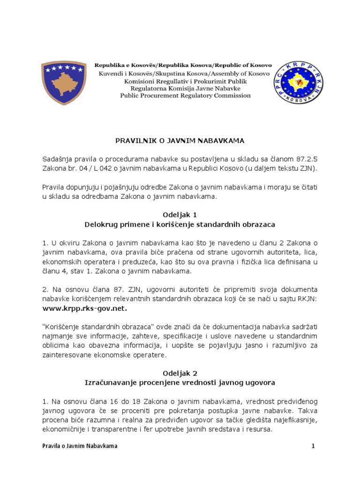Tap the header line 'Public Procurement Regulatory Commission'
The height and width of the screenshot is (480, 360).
[185, 96]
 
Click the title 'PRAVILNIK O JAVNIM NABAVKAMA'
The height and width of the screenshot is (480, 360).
[180, 140]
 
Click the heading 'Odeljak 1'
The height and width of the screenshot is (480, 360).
[180, 215]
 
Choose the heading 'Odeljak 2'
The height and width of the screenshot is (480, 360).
[180, 373]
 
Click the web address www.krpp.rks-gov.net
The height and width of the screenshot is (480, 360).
[84, 309]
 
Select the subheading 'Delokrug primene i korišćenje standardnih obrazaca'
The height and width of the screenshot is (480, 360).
[180, 225]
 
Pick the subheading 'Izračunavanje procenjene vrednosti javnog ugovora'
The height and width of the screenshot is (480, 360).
[180, 382]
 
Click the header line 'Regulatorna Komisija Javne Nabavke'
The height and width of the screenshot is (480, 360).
[185, 88]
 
